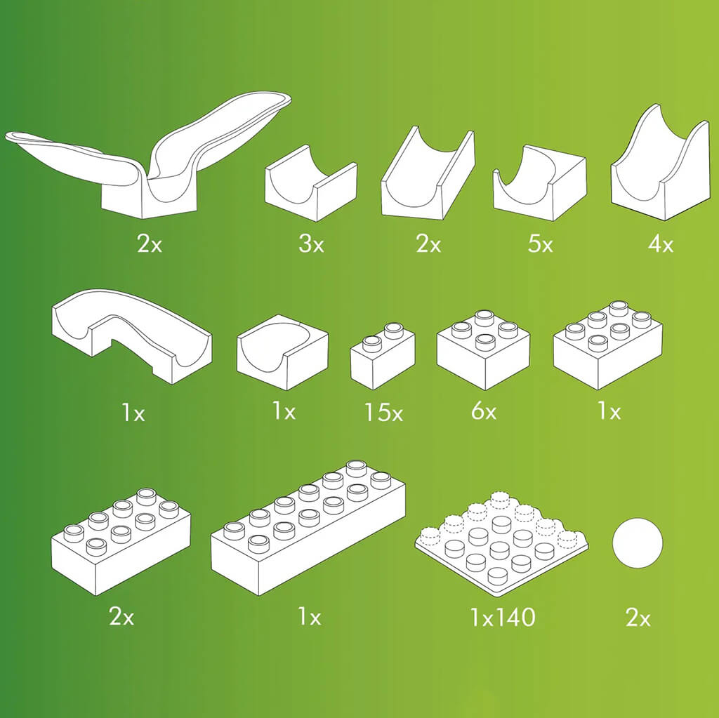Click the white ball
(638, 543)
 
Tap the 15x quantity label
(384, 412)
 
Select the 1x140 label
(503, 617)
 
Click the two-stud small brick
(383, 356)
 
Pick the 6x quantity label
(484, 411)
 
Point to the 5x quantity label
(541, 244)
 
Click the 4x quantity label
(661, 244)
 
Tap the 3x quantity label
(311, 244)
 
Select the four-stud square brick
(483, 350)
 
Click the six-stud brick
(608, 345)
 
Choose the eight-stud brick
(121, 541)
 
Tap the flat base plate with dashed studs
(501, 544)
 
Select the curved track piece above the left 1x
(132, 337)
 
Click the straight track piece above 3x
(311, 183)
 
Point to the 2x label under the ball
(638, 618)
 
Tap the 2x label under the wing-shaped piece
(150, 244)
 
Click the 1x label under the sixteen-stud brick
(310, 617)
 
